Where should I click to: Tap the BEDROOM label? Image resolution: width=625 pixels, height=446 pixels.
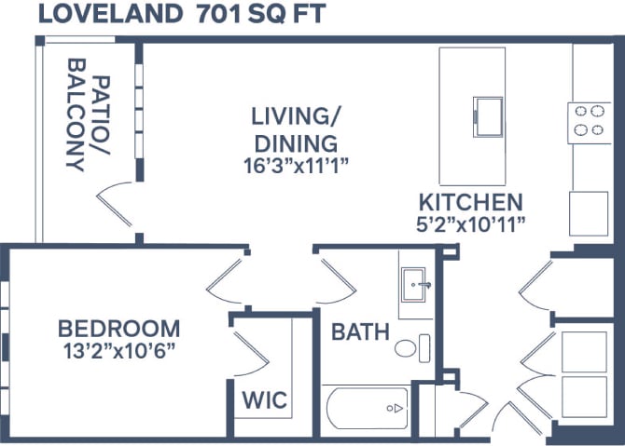click(x=118, y=329)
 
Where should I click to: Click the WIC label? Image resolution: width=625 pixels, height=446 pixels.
click(x=265, y=401)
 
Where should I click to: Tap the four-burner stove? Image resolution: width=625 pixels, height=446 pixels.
click(x=588, y=122)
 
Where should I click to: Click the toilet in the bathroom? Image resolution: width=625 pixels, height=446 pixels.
click(x=407, y=349)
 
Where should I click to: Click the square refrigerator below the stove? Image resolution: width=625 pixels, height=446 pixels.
click(x=588, y=213)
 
